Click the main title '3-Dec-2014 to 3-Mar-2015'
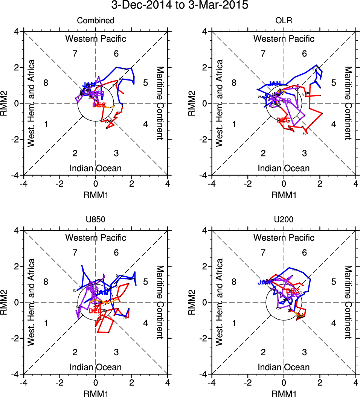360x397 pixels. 180,6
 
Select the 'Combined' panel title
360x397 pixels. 96,21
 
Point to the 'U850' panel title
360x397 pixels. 96,220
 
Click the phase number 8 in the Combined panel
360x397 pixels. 46,83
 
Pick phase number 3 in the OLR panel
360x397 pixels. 305,153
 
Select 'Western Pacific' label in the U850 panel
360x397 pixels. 96,238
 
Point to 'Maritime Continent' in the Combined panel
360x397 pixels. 160,103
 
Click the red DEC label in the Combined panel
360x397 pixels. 99,105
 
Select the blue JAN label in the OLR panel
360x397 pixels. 275,84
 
